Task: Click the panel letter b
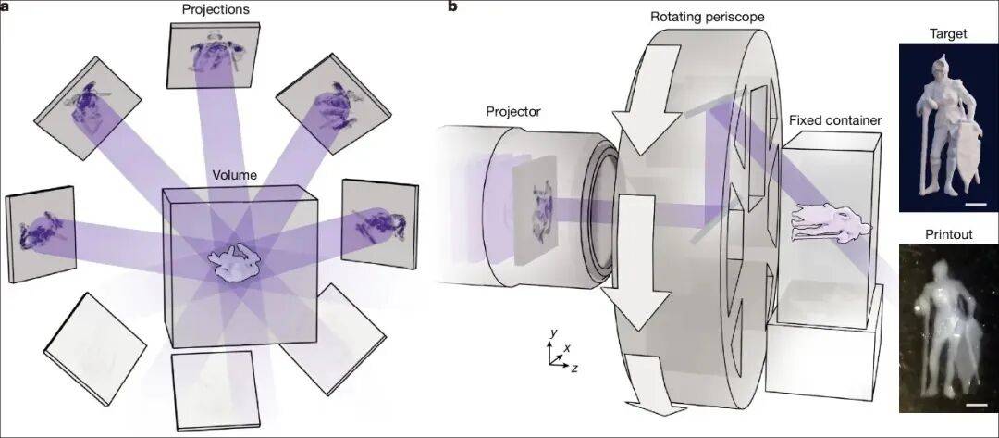(x=452, y=6)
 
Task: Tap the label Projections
(x=216, y=9)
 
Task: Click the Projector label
(x=512, y=111)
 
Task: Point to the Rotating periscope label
(x=708, y=16)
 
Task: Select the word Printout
(x=948, y=234)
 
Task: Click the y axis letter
(x=554, y=332)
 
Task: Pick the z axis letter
(x=574, y=368)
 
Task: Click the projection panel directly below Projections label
(x=214, y=56)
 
